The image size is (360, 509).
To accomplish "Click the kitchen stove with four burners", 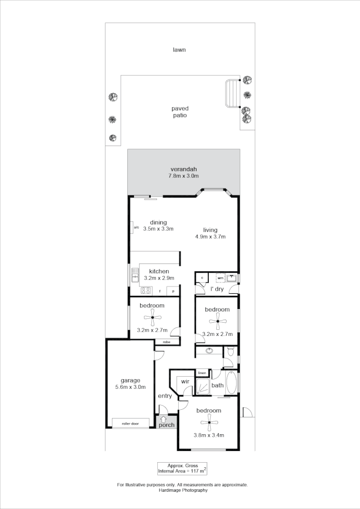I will (146, 291).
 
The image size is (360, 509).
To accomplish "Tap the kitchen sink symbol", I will (135, 275).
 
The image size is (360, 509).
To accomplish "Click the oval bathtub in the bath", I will (231, 383).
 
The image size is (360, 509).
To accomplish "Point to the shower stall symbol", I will (203, 386).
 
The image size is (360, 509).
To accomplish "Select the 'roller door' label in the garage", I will (130, 423).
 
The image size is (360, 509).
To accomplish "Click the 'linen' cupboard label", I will (202, 373).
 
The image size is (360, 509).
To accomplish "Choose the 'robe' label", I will (167, 342).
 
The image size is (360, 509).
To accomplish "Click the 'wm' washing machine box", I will (220, 278).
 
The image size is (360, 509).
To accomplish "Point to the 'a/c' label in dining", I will (136, 228).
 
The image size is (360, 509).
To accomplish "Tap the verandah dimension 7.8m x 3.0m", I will (183, 176).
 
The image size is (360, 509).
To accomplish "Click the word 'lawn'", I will (179, 50).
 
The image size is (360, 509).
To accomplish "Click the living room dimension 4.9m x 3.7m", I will (210, 237).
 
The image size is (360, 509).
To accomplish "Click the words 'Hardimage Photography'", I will (183, 491).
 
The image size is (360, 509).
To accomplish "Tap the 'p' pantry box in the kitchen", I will (174, 291).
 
